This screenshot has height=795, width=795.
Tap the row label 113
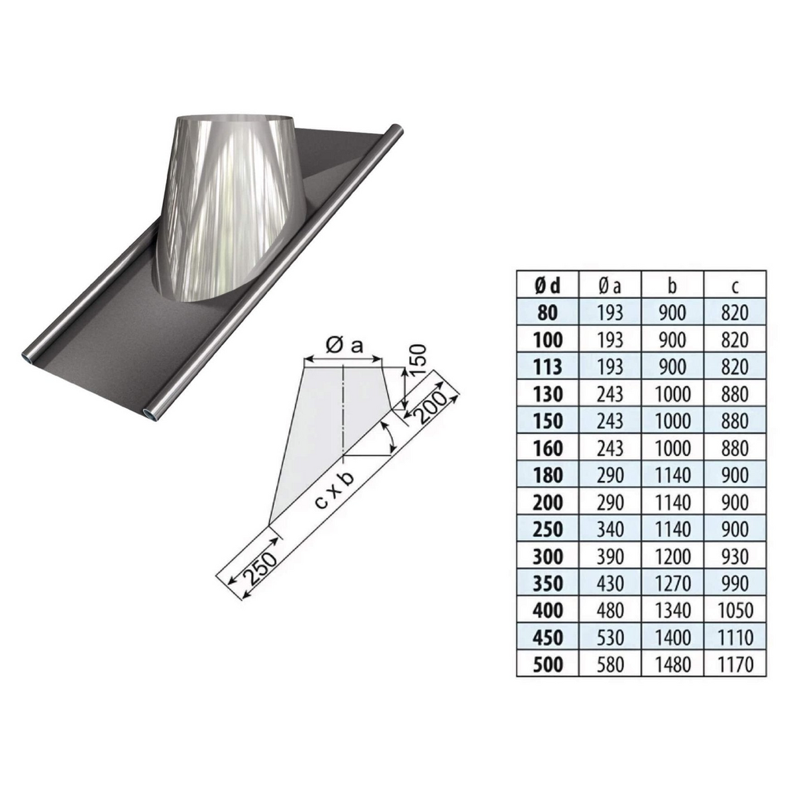pos(547,367)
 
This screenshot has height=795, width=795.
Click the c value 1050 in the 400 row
pos(735,610)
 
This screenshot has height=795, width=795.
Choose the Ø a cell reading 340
pos(610,529)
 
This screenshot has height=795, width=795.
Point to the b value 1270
pos(672,584)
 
